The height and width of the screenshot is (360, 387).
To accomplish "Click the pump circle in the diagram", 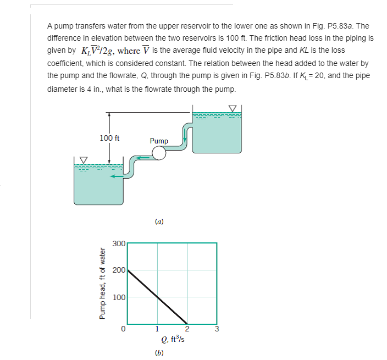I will click(159, 153).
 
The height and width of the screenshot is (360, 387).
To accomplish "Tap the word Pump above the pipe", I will click(159, 141).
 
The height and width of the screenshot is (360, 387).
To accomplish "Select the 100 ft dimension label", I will click(110, 137).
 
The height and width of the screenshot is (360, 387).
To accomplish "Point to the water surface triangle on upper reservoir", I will click(233, 108).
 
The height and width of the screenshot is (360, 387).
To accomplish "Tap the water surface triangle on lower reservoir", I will click(84, 159).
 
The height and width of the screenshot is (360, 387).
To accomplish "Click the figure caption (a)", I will click(159, 222).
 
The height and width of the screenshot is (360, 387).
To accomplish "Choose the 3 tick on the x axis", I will click(217, 330).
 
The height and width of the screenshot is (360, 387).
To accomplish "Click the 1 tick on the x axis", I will click(157, 330).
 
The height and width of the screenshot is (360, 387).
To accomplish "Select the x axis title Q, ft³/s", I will click(159, 340).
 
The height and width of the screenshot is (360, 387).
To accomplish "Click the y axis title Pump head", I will click(102, 284).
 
